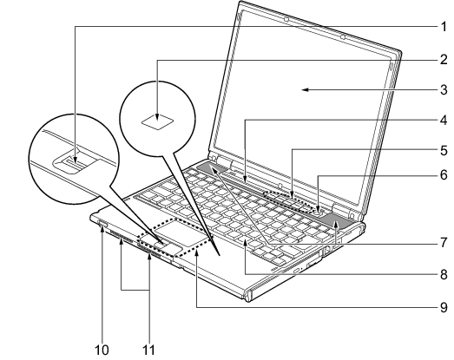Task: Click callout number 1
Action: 444,27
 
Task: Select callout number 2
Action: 444,60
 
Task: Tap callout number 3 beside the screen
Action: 444,89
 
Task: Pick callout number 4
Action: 444,120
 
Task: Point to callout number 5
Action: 444,150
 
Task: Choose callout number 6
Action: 444,175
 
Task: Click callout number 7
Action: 444,243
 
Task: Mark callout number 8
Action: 444,274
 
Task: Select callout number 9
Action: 444,307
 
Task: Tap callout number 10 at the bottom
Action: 102,350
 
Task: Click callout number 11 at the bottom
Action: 148,350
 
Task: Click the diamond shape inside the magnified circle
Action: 158,121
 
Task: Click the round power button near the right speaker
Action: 319,213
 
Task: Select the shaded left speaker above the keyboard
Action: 212,168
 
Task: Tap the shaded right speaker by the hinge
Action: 338,221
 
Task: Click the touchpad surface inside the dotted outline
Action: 181,232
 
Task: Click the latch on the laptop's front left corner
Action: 103,224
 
